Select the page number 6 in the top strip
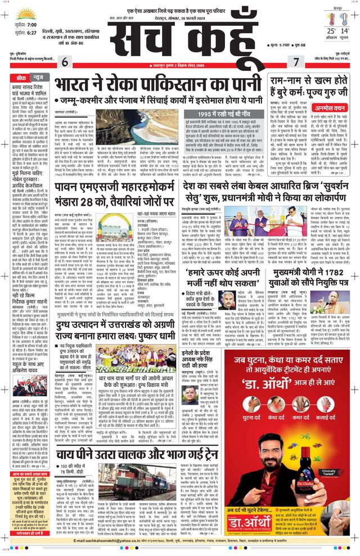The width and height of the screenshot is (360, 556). (65, 61)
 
